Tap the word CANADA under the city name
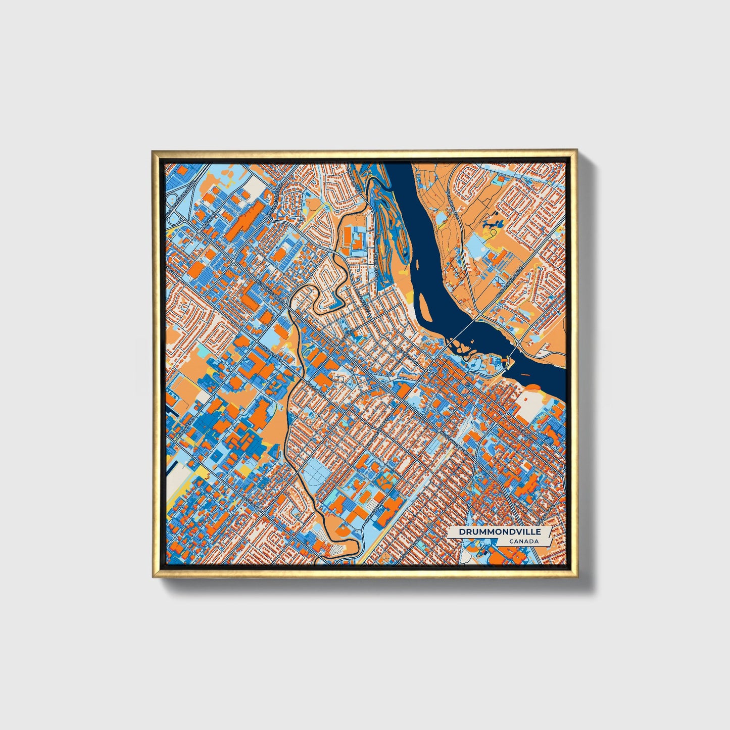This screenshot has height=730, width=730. point(524,542)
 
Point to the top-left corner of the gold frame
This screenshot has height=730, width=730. point(153,151)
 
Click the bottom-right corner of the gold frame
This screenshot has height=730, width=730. point(576,577)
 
